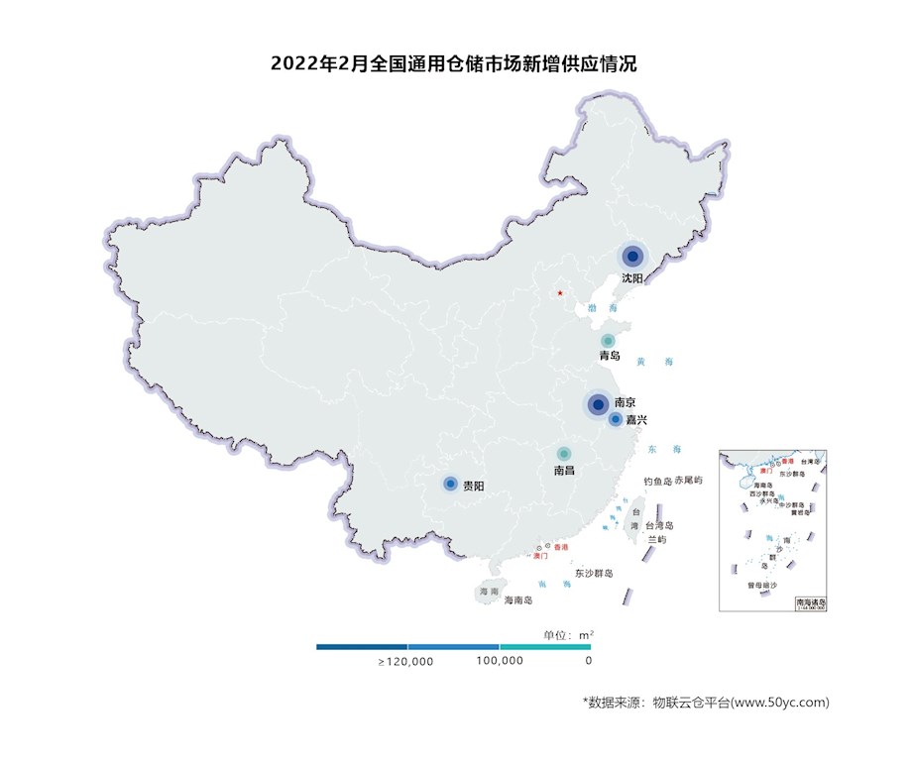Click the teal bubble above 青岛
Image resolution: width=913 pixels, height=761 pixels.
(x=608, y=340)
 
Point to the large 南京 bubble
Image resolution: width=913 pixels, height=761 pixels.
(x=598, y=404)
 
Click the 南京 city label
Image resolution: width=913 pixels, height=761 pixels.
(x=625, y=403)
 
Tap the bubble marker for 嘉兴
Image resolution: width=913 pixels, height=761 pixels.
(x=615, y=419)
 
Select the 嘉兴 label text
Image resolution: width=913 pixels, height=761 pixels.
(x=636, y=420)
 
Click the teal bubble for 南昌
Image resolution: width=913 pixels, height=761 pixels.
(x=564, y=454)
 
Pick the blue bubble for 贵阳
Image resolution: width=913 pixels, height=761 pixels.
(x=450, y=484)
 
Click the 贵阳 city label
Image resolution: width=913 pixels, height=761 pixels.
(x=474, y=486)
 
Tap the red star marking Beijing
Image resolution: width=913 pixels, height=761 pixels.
(x=560, y=293)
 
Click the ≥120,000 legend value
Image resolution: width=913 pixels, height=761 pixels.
(x=405, y=661)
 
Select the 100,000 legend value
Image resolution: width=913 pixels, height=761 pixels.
(x=500, y=661)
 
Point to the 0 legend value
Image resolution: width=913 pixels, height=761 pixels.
(x=589, y=661)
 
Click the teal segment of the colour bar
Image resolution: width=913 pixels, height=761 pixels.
(x=545, y=647)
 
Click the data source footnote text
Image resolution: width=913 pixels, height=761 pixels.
(x=705, y=702)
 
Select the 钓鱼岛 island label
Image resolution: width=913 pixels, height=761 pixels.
(x=658, y=481)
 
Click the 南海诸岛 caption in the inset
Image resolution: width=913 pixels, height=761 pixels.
(x=811, y=601)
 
